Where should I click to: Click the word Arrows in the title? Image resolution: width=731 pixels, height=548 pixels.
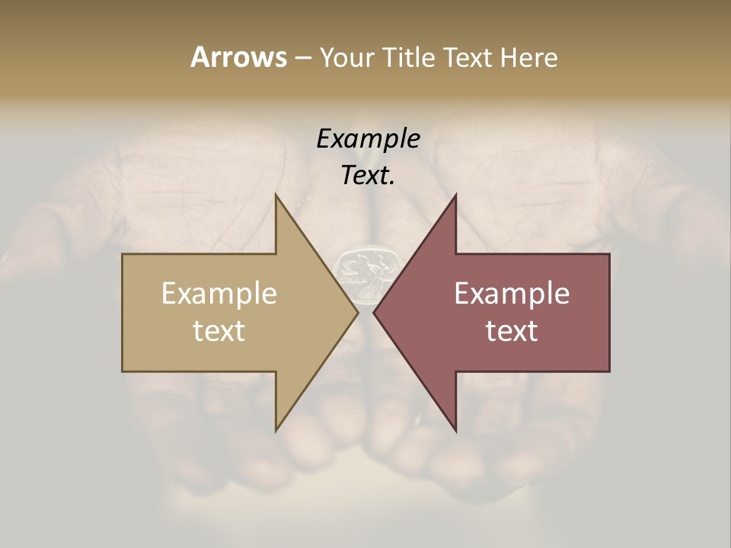point(238,57)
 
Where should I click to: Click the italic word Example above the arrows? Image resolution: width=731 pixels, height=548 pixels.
point(368,139)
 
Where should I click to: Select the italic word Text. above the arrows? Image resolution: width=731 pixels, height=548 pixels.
point(368,175)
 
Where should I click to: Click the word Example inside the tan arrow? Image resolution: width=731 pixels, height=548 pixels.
point(219,293)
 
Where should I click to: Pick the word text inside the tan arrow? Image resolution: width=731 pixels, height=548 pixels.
point(219,330)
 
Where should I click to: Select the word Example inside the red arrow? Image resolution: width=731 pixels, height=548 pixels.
point(512,293)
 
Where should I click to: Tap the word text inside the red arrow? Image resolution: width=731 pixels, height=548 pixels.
point(512,330)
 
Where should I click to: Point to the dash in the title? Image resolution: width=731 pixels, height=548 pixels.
point(302,58)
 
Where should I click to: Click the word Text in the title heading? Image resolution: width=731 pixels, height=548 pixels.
point(469,57)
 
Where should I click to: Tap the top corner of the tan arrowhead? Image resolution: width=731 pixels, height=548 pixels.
point(276,194)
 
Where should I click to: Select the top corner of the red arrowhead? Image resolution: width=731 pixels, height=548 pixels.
point(455,194)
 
